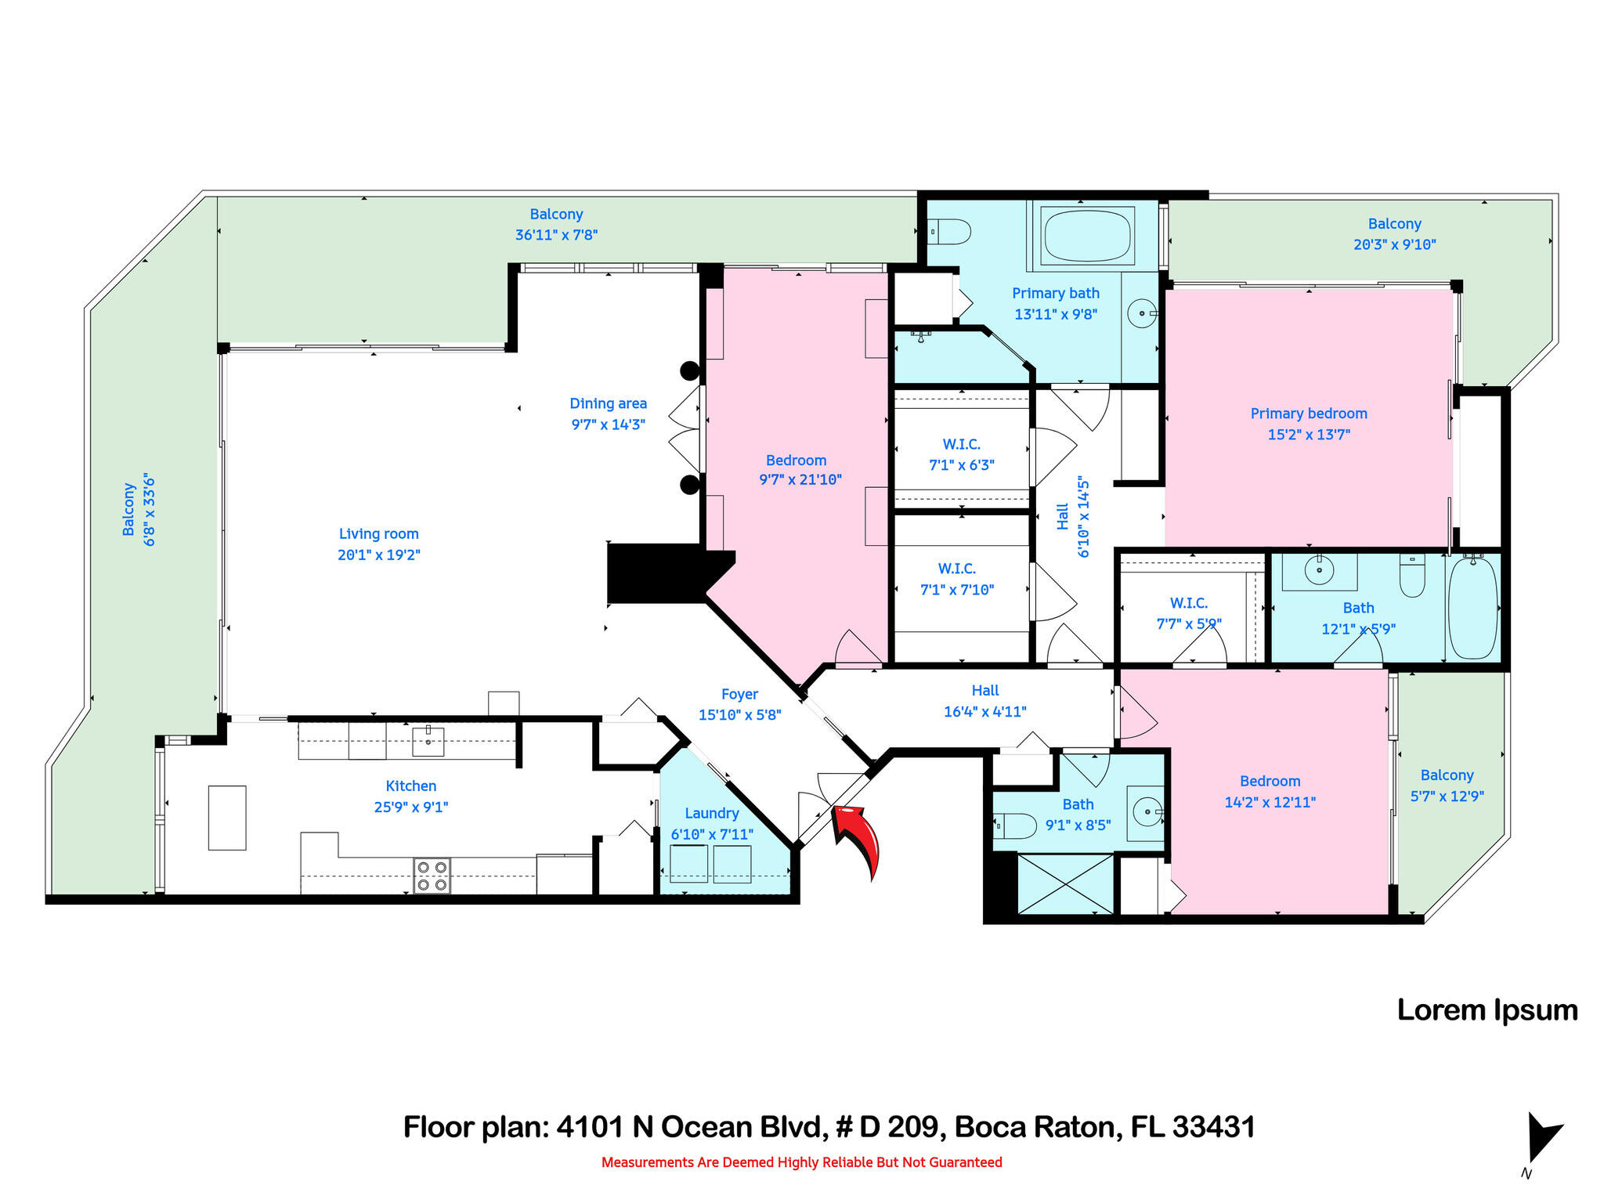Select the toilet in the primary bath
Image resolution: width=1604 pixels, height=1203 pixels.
coord(951,232)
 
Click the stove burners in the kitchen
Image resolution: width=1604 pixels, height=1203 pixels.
coord(432,876)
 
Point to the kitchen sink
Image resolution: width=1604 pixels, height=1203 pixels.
coord(428,740)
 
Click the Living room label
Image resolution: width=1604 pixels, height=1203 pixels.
coord(379,534)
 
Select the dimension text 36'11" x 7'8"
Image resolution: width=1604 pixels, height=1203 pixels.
coord(556,234)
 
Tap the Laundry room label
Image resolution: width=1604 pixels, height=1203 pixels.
coord(711,814)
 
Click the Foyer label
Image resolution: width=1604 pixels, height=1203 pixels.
coord(739,695)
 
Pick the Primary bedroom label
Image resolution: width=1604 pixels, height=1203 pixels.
coord(1309,414)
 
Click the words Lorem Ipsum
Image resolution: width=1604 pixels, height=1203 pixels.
coord(1487,1010)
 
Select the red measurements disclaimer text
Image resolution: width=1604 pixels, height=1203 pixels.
coord(801,1162)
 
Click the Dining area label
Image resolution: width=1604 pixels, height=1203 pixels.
coord(608,404)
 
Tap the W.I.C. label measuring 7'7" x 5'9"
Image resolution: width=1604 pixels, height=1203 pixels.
coord(1188,603)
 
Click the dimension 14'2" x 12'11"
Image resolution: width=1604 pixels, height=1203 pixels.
coord(1270,802)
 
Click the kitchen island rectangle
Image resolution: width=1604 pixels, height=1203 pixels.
coord(227,818)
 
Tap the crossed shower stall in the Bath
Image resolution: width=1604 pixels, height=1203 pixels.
coord(1065,883)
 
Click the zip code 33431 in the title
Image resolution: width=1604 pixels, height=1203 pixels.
coord(1213,1127)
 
